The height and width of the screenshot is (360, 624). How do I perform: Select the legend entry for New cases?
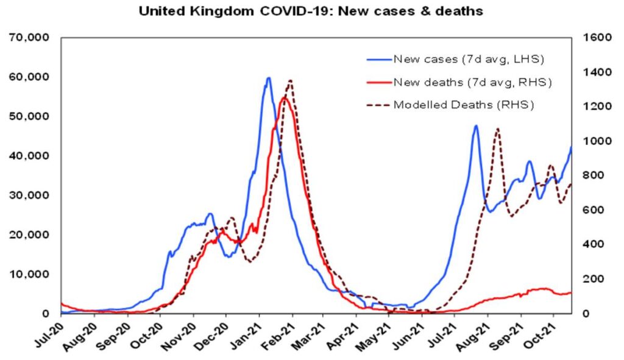pyautogui.click(x=468, y=59)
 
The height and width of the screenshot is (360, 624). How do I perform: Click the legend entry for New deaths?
pyautogui.click(x=473, y=82)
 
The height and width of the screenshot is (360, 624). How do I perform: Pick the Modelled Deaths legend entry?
pyautogui.click(x=463, y=104)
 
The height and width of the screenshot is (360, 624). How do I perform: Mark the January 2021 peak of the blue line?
pyautogui.click(x=268, y=78)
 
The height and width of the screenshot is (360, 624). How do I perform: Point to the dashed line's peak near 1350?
pyautogui.click(x=290, y=80)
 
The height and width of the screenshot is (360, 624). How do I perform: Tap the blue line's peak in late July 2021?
pyautogui.click(x=476, y=126)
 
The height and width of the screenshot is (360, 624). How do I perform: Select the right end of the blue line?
pyautogui.click(x=572, y=147)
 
